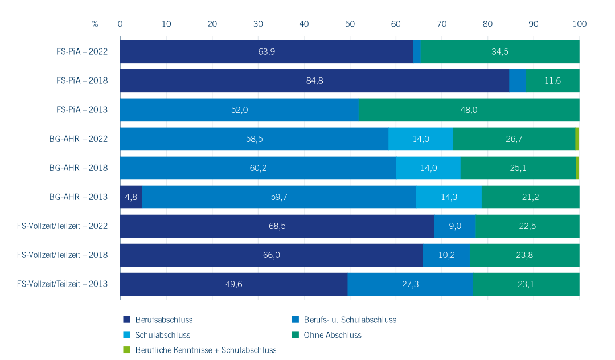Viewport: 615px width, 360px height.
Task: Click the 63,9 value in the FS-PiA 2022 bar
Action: point(266,52)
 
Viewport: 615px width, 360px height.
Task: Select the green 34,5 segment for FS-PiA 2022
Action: point(499,52)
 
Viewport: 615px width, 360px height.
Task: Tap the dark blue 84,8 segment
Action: point(314,81)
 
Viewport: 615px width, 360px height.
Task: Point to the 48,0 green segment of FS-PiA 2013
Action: point(469,110)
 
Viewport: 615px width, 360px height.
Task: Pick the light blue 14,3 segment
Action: point(449,197)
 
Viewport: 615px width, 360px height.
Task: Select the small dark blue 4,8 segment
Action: point(131,197)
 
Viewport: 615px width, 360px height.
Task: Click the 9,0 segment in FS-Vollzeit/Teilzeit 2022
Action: point(455,226)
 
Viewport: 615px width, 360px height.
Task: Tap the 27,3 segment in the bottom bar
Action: point(410,284)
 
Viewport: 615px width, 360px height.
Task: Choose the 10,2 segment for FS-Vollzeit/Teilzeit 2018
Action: point(446,255)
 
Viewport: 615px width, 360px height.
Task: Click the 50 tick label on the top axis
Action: point(350,24)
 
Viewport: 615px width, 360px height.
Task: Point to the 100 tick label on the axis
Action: point(579,24)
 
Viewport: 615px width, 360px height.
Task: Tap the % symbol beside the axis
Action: point(95,24)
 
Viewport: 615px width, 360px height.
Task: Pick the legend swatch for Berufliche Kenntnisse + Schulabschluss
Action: point(127,350)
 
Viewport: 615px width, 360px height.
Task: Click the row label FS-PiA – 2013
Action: point(82,110)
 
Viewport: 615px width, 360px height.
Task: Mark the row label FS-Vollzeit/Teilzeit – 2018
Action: point(62,255)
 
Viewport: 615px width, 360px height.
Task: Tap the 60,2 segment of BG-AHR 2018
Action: point(258,168)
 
